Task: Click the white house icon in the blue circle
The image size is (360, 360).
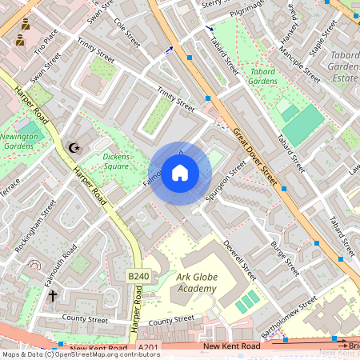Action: (179, 174)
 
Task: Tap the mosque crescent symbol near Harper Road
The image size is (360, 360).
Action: (75, 147)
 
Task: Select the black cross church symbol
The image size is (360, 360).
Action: (53, 295)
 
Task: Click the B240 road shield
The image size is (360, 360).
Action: (138, 277)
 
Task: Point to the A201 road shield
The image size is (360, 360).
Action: (148, 347)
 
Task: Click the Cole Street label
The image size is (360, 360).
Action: (126, 31)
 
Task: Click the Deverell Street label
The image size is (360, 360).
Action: (239, 260)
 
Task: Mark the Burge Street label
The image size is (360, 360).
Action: (285, 255)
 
